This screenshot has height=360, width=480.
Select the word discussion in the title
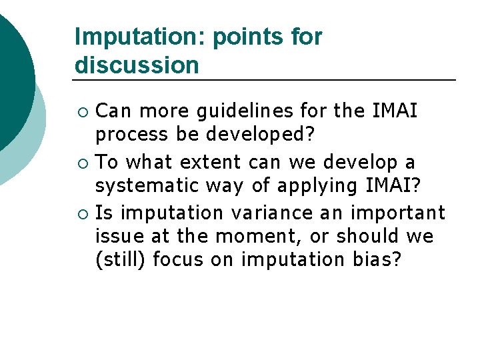pos(137,65)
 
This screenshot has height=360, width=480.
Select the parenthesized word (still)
pos(121,260)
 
